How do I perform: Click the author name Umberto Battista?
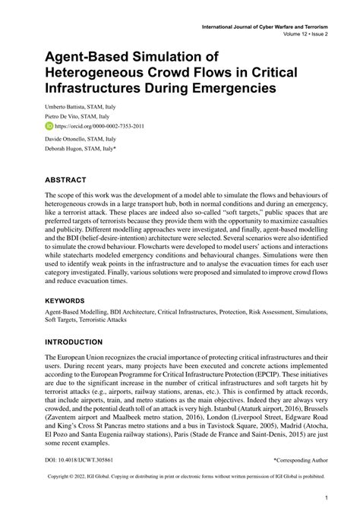point(71,106)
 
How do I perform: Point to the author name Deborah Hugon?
point(68,150)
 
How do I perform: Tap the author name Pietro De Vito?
point(67,117)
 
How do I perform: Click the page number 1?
point(324,498)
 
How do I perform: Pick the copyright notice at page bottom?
point(180,476)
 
